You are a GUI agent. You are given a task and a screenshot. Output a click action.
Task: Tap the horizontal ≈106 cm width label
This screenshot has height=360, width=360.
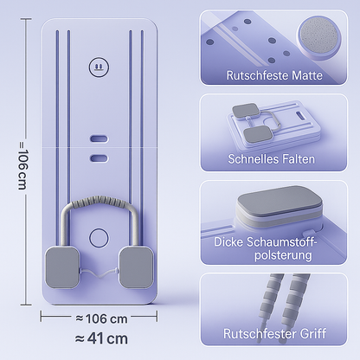click(x=101, y=318)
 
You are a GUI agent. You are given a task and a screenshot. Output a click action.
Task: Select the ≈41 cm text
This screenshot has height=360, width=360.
click(x=101, y=338)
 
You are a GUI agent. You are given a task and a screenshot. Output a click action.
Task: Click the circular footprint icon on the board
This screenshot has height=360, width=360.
click(x=99, y=67)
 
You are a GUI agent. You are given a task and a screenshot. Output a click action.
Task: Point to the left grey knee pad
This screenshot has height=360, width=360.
click(x=62, y=267)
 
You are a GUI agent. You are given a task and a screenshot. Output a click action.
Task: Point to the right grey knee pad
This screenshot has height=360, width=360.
click(x=136, y=267)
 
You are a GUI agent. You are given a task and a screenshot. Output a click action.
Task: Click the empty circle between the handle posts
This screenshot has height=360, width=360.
click(x=99, y=238)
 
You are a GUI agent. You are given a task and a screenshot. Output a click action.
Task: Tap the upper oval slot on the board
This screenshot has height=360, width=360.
click(x=99, y=138)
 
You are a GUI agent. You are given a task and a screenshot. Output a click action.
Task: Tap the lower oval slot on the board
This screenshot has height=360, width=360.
click(x=99, y=158)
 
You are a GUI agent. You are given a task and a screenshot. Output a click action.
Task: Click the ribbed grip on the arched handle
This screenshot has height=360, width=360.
click(x=99, y=200)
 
